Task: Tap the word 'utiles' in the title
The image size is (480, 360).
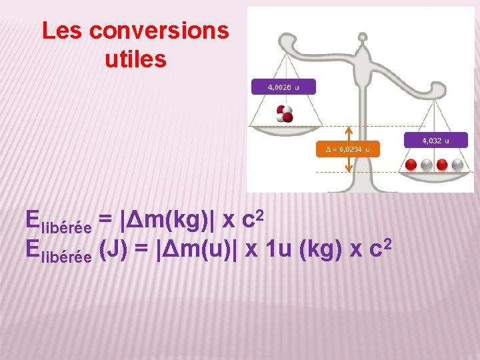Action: coord(135,60)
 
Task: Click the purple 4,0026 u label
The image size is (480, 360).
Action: coord(283,87)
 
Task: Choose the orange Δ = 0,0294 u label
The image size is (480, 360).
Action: coord(347,149)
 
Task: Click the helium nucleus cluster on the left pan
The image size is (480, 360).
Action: coord(285,113)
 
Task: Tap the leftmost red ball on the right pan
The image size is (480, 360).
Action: coord(411,165)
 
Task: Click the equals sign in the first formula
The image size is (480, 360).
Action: coord(105,220)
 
